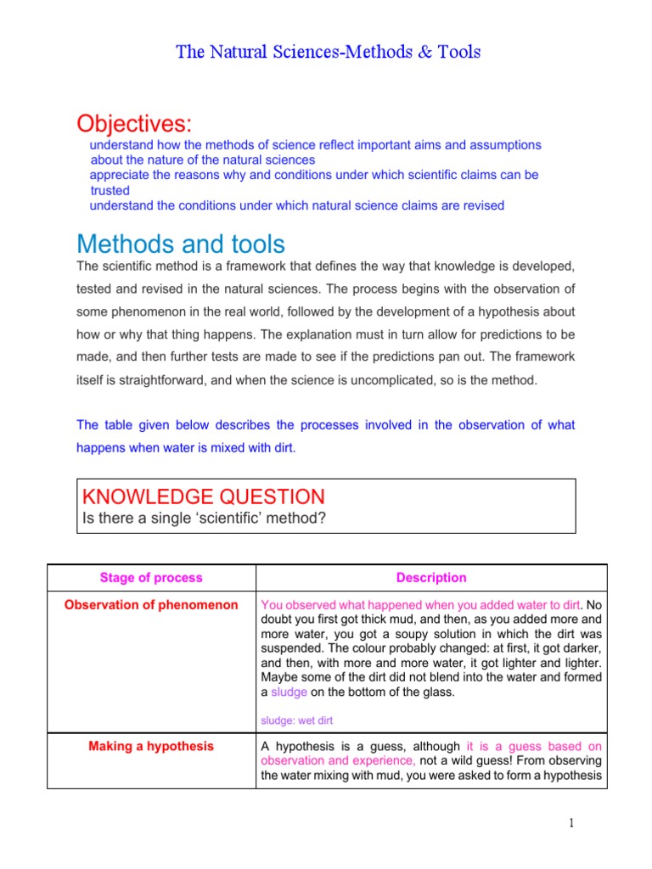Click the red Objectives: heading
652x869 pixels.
(134, 124)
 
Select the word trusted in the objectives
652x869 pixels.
(110, 190)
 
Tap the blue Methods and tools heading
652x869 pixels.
(180, 244)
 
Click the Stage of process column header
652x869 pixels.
(151, 578)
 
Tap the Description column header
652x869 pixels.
(431, 578)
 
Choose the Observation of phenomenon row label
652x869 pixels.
(151, 605)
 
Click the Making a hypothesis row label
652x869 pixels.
(151, 747)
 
